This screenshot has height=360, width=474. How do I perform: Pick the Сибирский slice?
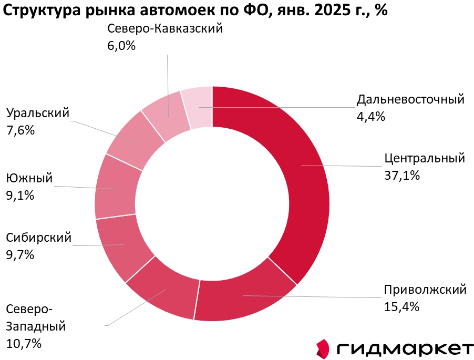point(124,245)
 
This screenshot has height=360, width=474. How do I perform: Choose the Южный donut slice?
point(117,188)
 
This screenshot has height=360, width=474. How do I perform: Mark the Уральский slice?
point(136,139)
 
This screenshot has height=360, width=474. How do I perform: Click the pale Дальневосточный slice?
point(198,108)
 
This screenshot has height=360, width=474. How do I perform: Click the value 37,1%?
point(402,176)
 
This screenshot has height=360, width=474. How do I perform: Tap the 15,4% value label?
point(401,307)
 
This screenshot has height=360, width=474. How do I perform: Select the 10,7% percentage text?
point(24,344)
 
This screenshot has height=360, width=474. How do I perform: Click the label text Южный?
point(29,178)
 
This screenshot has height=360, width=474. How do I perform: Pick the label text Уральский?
point(38,113)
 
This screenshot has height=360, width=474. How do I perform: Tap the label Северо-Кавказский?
point(165,28)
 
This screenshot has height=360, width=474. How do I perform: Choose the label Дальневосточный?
point(410,99)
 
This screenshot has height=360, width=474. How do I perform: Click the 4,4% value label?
point(371,117)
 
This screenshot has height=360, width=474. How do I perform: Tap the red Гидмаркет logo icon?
point(323,347)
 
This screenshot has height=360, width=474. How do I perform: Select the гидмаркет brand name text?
point(405,348)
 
